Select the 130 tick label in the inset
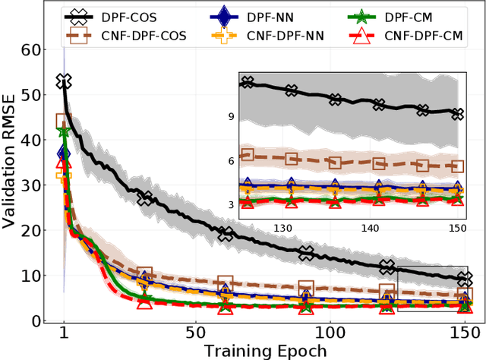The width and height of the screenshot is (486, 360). click(x=282, y=228)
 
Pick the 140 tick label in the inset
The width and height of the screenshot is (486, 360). click(x=370, y=228)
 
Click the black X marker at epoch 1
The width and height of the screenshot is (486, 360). click(x=64, y=81)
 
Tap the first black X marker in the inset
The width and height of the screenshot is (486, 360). click(x=245, y=81)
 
